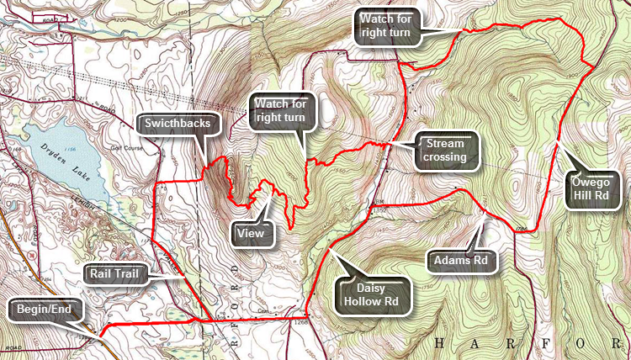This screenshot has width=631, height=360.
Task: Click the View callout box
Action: click(252, 233)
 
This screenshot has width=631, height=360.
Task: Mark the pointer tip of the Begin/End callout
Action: click(103, 334)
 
